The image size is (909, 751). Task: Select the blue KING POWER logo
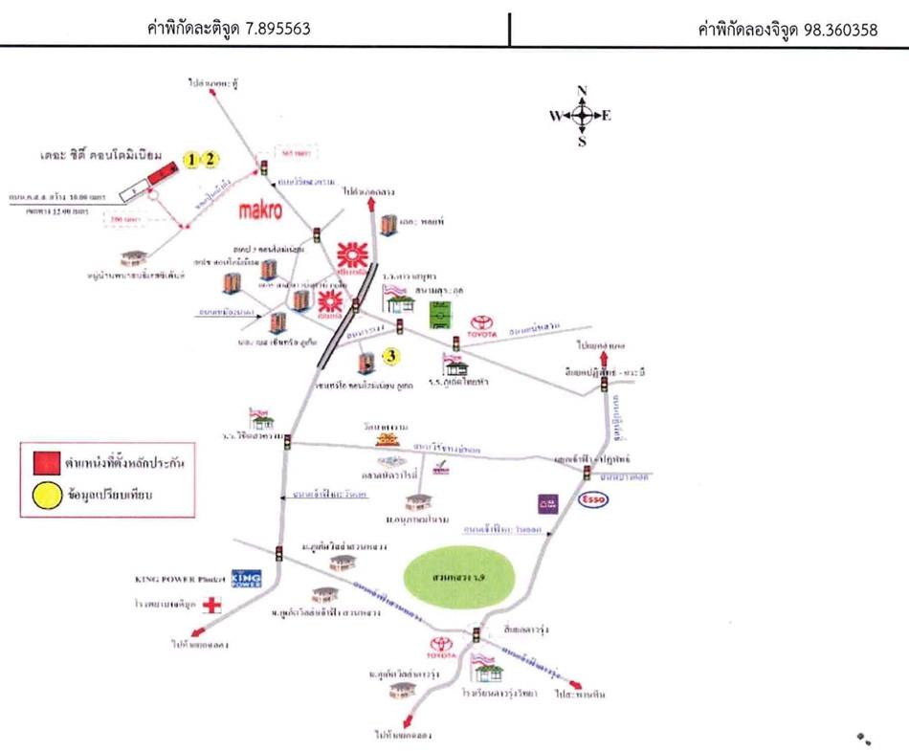click(x=247, y=578)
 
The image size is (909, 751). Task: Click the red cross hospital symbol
click(x=212, y=605)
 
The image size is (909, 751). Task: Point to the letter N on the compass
click(x=582, y=91)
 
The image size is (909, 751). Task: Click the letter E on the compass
click(x=606, y=116)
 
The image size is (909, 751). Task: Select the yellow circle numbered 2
click(x=211, y=160)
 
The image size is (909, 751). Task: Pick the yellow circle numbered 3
click(x=390, y=358)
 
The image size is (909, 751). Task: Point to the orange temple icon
click(x=388, y=438)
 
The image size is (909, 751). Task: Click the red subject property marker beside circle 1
click(x=163, y=173)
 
